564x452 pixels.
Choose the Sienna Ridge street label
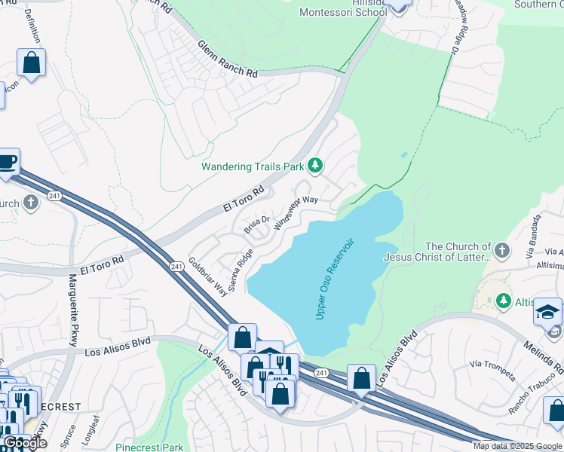[x=241, y=270]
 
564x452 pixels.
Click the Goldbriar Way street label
[x=207, y=277]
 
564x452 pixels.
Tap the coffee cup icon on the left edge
[x=7, y=162]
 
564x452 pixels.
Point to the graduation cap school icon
[x=547, y=312]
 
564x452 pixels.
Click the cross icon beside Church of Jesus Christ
[x=504, y=249]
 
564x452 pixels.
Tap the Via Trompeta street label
[x=492, y=369]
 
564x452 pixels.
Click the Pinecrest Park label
[x=149, y=447]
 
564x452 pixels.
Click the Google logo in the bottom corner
[x=25, y=443]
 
